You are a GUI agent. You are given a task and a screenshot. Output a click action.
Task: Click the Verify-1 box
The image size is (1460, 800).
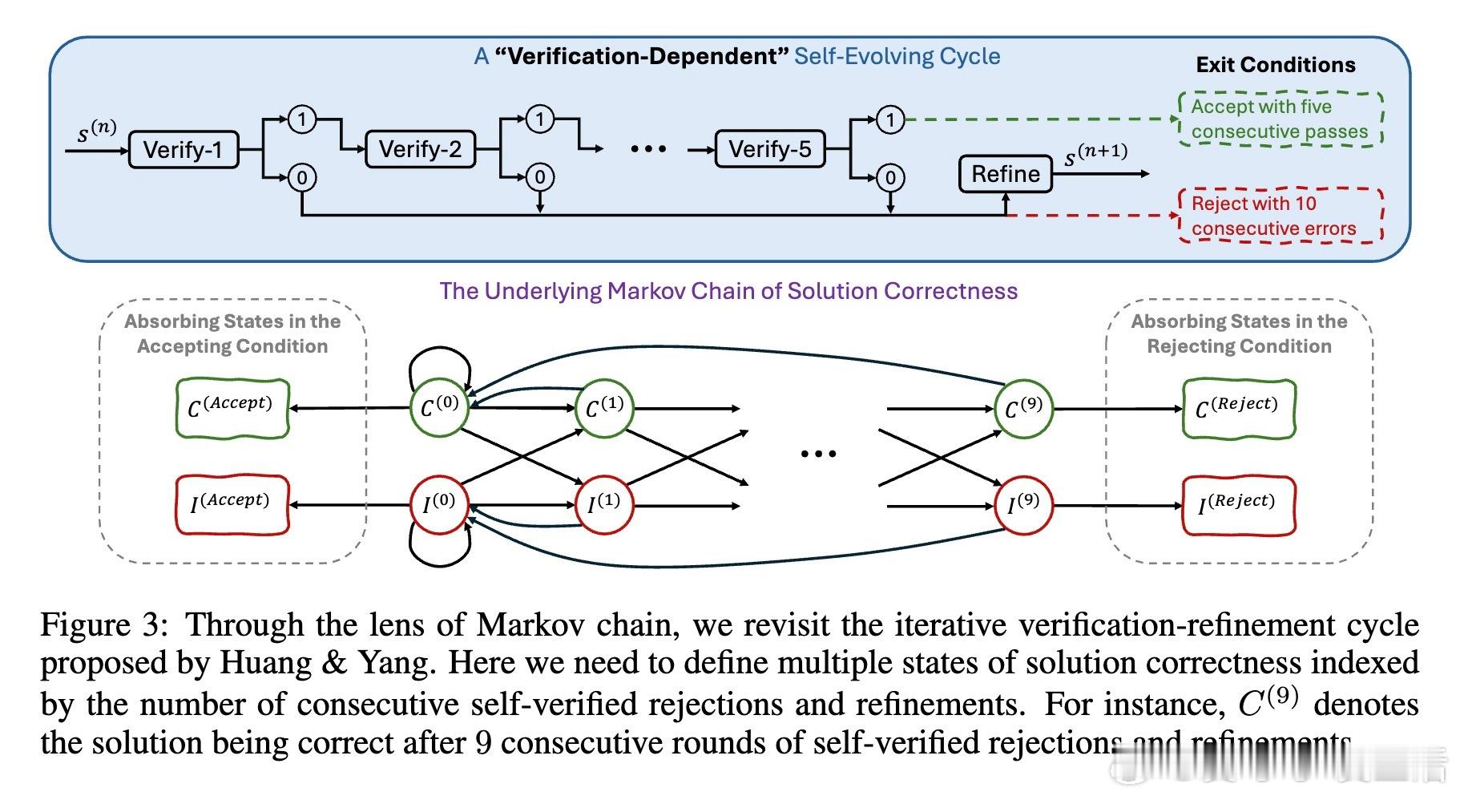click(184, 149)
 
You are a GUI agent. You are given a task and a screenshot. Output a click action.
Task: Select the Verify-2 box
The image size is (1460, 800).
click(420, 149)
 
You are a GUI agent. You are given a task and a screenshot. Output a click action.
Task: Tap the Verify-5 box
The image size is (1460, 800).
click(769, 149)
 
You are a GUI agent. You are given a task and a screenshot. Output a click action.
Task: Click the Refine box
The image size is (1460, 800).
click(1006, 174)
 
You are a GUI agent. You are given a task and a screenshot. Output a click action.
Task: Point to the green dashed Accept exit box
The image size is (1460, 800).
click(1280, 119)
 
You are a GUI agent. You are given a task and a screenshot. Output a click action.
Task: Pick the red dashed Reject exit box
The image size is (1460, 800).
click(1280, 216)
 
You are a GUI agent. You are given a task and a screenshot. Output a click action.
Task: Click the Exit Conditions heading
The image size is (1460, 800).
click(1276, 65)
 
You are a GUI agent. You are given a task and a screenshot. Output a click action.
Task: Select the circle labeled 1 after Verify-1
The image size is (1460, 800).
click(302, 119)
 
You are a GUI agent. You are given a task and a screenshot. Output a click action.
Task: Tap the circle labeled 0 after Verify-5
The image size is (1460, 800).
click(890, 177)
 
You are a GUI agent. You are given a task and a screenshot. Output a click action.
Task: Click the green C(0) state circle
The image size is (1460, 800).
click(439, 408)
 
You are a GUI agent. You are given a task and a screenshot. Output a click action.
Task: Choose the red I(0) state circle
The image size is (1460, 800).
click(439, 504)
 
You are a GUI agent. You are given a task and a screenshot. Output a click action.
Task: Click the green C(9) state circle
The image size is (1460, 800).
click(1023, 409)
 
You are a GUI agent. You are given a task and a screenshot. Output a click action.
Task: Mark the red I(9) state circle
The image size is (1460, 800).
click(1023, 505)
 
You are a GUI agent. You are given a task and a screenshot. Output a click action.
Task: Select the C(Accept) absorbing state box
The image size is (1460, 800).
click(232, 408)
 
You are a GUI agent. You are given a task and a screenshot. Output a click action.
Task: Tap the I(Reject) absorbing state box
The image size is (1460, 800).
click(1238, 505)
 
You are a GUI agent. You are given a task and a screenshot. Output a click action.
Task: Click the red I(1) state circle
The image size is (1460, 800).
click(604, 505)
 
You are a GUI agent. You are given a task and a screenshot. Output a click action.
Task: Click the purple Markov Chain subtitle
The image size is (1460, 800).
click(728, 291)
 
